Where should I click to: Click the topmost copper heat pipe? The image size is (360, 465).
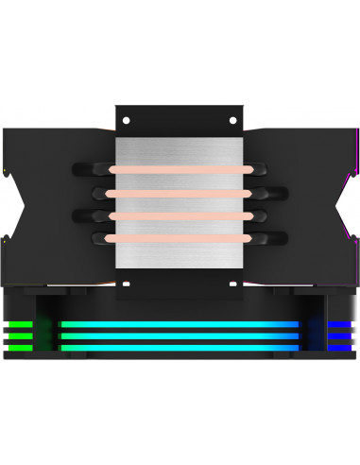point(179,171)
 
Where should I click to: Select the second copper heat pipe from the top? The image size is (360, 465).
point(179,194)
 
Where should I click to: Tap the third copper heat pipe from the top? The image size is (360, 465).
point(179,216)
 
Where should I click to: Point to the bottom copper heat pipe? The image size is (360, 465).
point(179,238)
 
